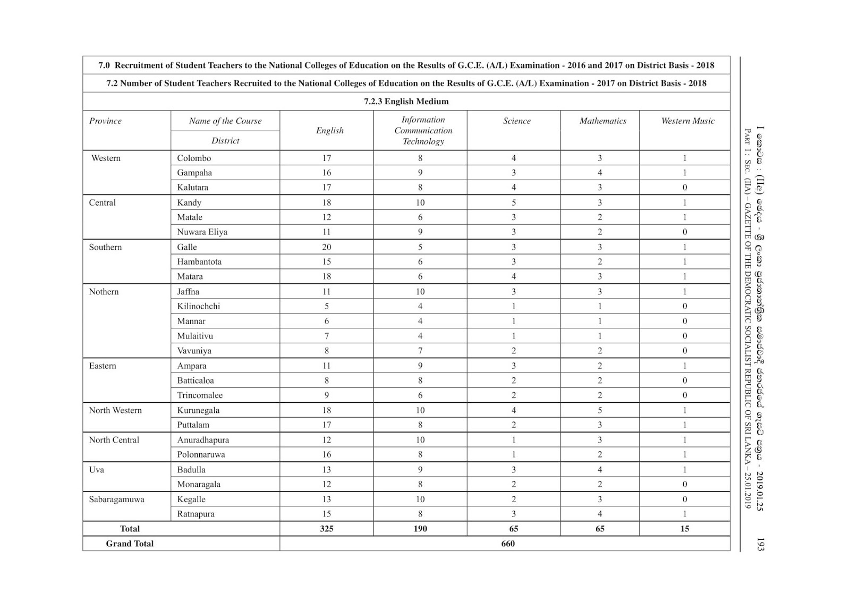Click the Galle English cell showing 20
click(x=326, y=247)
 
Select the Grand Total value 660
click(x=508, y=544)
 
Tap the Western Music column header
click(x=687, y=121)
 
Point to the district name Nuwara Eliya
click(x=202, y=232)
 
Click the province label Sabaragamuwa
click(x=116, y=500)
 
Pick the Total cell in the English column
click(x=326, y=529)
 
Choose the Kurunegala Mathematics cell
click(x=600, y=410)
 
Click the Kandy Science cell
click(x=514, y=202)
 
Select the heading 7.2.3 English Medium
click(x=406, y=101)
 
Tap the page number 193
click(x=760, y=544)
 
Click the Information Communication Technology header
click(x=423, y=131)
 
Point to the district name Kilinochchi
click(x=198, y=307)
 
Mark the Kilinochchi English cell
click(x=326, y=307)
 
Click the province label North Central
click(x=114, y=440)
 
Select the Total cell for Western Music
click(x=684, y=529)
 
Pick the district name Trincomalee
click(x=200, y=395)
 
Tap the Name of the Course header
click(x=225, y=121)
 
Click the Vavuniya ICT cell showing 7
click(x=420, y=351)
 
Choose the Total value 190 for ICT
click(x=420, y=529)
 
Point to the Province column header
click(x=105, y=121)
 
